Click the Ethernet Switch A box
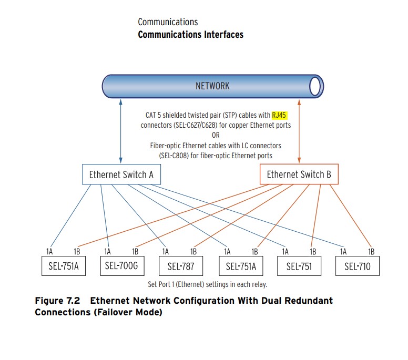(121, 174)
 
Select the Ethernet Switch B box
(299, 174)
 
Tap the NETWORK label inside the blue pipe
(212, 86)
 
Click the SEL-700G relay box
(121, 266)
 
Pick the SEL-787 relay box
(181, 266)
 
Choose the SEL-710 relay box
(358, 266)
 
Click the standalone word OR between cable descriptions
(216, 135)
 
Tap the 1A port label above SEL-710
(344, 252)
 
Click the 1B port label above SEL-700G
(135, 252)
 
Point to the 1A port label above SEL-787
(166, 252)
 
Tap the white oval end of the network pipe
(315, 86)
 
